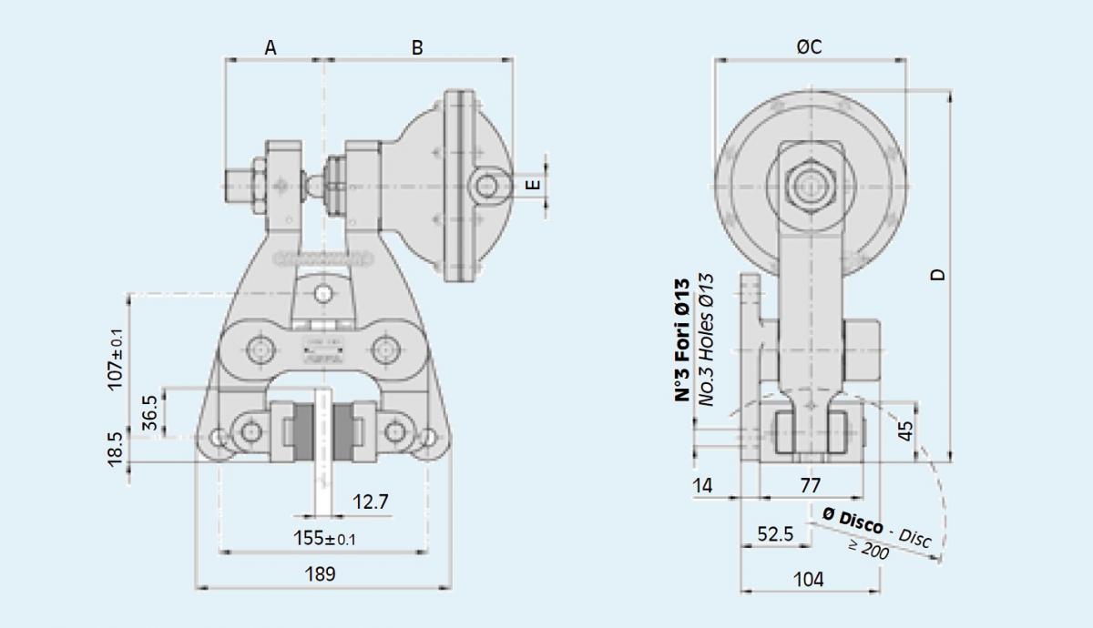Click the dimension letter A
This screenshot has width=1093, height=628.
tap(271, 47)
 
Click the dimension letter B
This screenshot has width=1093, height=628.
tap(417, 47)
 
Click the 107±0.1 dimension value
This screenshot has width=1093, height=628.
tap(117, 359)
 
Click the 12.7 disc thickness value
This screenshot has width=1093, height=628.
tap(371, 501)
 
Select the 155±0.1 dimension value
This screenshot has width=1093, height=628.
tap(324, 538)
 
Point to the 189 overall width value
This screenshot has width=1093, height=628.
tap(320, 574)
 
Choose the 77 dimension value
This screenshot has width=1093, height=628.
tap(810, 486)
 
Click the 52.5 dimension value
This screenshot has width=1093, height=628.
tap(775, 533)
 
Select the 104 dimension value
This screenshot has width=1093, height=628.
tap(809, 578)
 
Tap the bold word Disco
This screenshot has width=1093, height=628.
tap(851, 518)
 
